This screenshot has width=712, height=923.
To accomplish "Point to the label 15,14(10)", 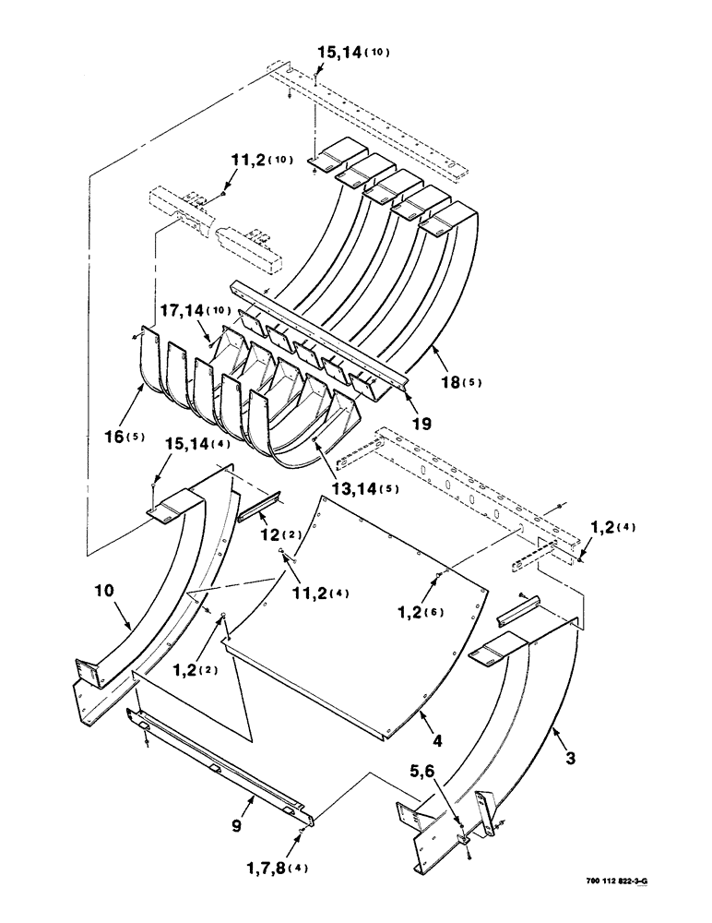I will tap(351, 53).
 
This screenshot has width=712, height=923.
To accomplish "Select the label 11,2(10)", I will tap(255, 160).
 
